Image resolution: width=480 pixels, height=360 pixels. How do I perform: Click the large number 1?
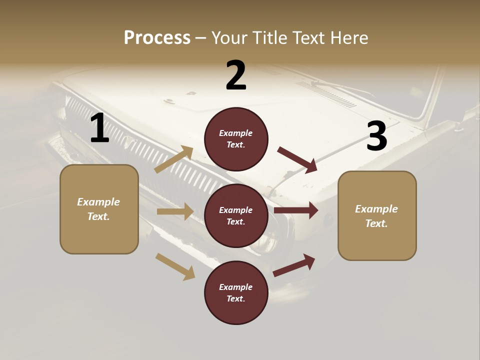coord(99,128)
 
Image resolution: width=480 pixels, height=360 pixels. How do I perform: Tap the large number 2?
coord(236,75)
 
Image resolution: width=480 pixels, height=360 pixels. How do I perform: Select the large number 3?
coord(376,137)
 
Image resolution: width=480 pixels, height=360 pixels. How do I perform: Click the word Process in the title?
coord(157,37)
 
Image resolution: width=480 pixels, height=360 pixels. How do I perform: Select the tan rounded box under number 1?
coord(99,209)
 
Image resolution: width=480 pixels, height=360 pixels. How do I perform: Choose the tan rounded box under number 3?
coord(377,216)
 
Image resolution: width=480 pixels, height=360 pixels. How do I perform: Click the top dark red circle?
coord(236,139)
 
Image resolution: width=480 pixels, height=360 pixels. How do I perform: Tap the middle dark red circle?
coord(236,216)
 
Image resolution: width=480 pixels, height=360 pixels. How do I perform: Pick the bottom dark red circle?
coord(236,293)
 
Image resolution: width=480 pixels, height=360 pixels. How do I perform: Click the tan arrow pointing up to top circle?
coord(174,159)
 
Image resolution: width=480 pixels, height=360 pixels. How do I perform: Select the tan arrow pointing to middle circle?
coord(175,211)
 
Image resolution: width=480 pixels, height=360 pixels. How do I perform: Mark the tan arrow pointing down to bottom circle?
coord(175,266)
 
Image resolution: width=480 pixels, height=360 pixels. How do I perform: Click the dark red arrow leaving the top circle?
coord(297,159)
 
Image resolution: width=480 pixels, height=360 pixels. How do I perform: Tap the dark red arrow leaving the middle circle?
coord(296,210)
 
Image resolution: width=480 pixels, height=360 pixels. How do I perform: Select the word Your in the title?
coord(230,37)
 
